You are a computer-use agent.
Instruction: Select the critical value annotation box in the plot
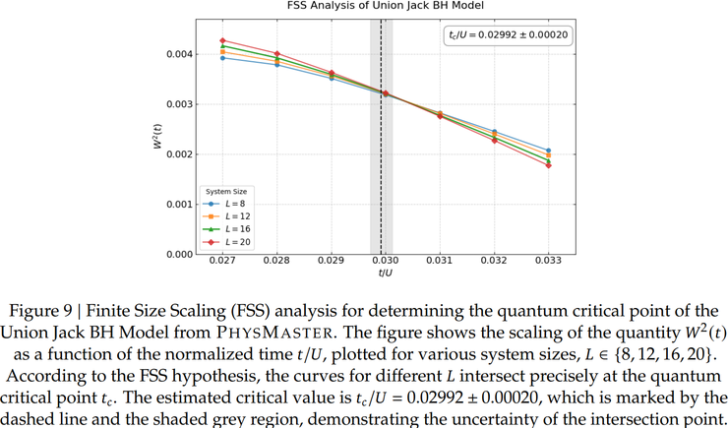tap(509, 34)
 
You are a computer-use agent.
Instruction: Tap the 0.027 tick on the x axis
tap(223, 264)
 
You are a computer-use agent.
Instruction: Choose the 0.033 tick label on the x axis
tap(548, 264)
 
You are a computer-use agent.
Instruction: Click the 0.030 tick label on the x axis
tap(386, 264)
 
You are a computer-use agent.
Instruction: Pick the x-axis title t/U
tap(386, 274)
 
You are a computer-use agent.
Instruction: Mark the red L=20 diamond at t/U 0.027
tap(223, 40)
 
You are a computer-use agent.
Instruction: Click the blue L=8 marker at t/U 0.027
tap(223, 58)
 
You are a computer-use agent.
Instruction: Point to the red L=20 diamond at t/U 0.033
tap(548, 165)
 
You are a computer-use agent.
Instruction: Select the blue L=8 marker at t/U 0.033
tap(548, 151)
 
